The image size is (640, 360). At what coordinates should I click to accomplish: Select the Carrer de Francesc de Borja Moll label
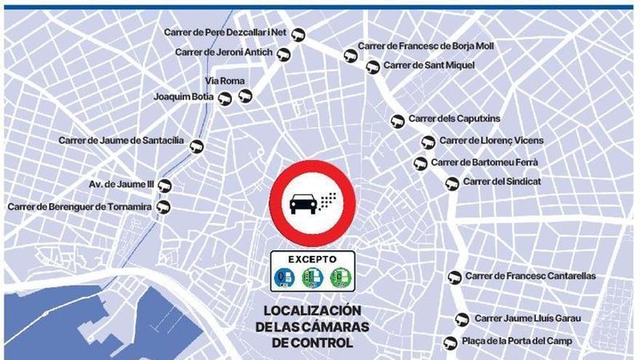425,46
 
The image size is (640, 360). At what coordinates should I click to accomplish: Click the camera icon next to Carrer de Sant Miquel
372,67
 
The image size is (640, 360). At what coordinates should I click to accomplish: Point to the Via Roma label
225,81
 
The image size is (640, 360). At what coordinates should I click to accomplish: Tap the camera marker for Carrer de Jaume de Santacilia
196,146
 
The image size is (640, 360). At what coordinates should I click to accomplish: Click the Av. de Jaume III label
121,185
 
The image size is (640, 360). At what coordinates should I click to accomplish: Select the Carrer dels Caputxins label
454,119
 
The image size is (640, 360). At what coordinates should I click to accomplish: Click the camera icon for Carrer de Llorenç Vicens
428,143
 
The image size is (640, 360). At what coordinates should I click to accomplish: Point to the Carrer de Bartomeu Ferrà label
484,162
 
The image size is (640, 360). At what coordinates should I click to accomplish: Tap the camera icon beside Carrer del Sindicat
452,183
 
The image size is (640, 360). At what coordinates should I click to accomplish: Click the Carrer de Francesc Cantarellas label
530,276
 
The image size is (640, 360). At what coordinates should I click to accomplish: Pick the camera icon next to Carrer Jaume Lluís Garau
462,319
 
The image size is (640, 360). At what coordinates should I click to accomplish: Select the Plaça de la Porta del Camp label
517,341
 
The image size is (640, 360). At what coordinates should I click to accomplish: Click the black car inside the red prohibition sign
303,203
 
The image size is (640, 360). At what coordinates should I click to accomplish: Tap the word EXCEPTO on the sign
312,259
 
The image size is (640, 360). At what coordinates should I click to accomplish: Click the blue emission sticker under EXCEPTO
284,278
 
